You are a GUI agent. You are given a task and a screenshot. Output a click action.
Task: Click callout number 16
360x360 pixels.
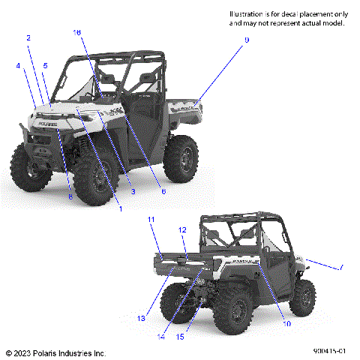[x=77, y=32]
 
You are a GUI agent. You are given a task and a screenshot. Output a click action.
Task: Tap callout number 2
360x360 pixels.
[x=28, y=38]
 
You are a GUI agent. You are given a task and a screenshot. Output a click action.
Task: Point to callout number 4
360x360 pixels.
[x=18, y=66]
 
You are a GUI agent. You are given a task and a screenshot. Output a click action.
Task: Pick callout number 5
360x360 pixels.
[x=45, y=66]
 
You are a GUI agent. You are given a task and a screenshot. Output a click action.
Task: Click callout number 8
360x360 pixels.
[x=70, y=196]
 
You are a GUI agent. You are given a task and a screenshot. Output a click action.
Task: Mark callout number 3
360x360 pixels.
[x=132, y=192]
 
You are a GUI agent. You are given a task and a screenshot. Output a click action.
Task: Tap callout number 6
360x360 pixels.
[x=164, y=192]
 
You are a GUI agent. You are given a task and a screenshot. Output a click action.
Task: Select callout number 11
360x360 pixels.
[x=151, y=219]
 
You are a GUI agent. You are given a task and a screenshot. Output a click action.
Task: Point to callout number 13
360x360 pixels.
[x=140, y=318]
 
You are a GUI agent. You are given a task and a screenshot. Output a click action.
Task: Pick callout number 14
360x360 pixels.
[x=160, y=337]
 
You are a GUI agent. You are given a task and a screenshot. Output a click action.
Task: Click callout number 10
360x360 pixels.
[x=286, y=323]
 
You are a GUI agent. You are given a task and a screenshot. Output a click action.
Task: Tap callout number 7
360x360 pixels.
[x=341, y=266]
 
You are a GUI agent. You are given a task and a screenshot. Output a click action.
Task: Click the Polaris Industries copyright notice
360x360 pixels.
[x=55, y=352]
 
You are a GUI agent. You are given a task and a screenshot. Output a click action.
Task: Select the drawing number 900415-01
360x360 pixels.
[x=329, y=351]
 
